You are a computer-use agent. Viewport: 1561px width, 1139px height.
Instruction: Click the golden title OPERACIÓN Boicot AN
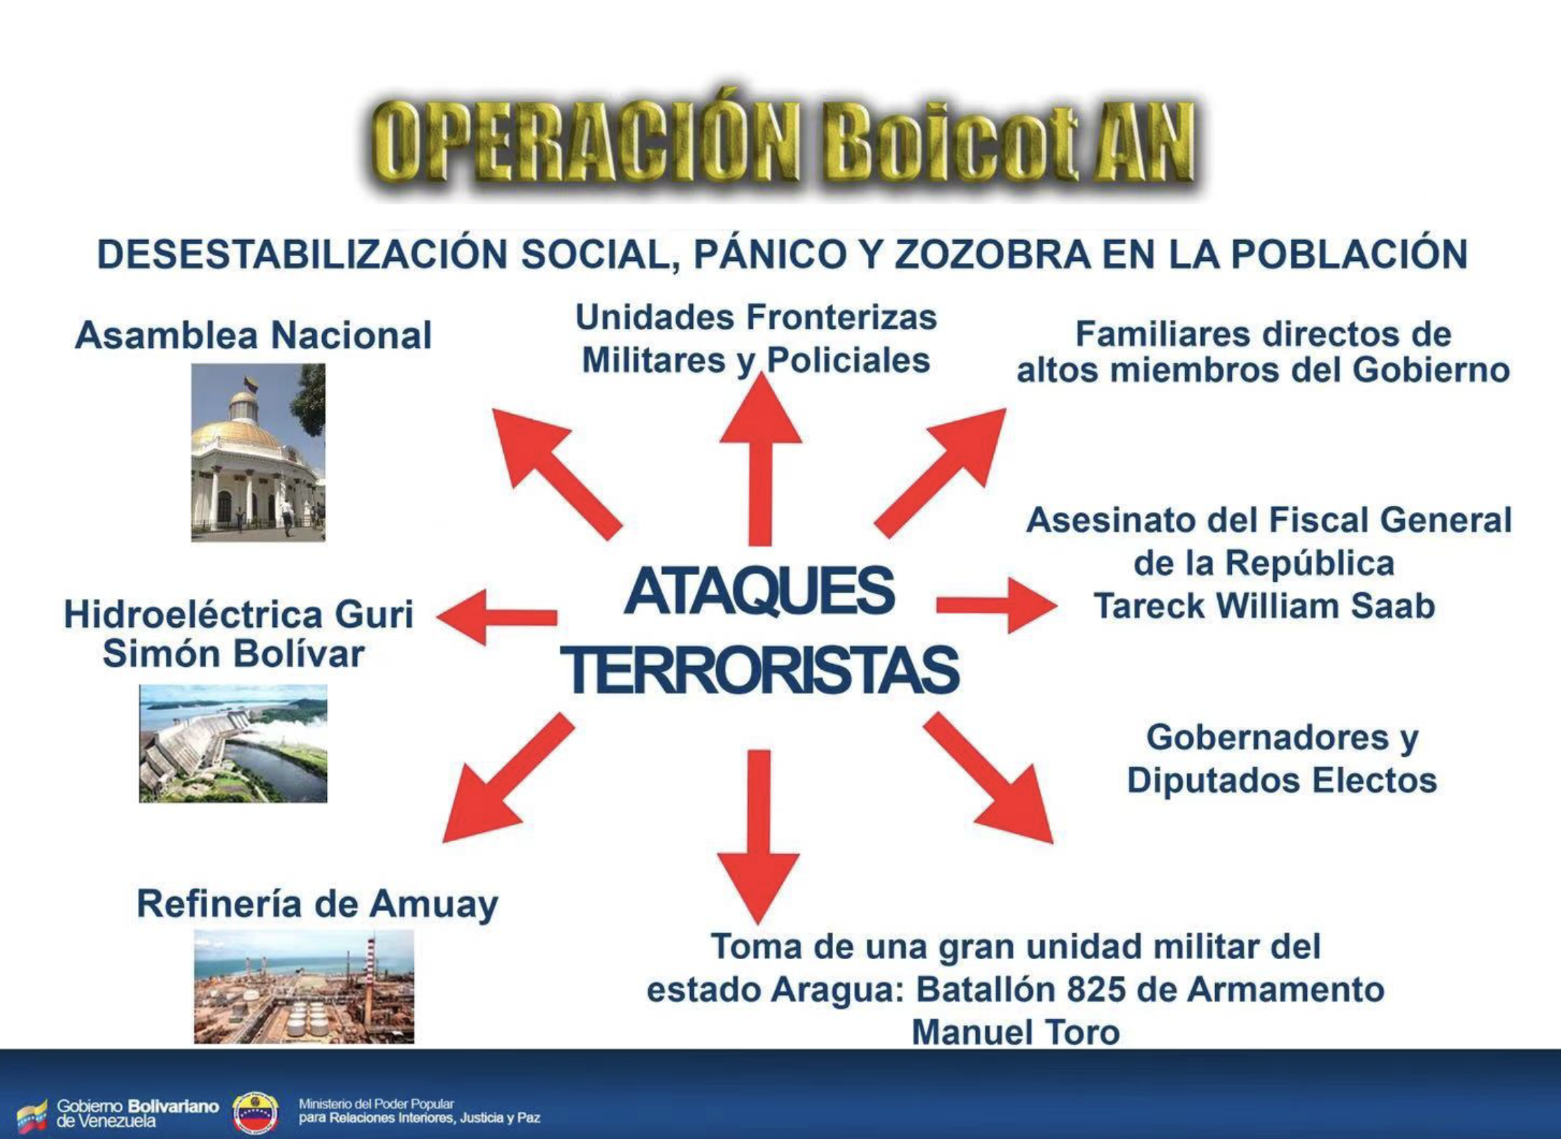[783, 140]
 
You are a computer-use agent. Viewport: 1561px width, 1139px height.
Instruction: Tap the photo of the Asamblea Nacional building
[258, 452]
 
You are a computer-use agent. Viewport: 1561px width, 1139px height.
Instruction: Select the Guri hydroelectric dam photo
[233, 743]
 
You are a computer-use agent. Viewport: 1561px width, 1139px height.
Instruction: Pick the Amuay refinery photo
[304, 986]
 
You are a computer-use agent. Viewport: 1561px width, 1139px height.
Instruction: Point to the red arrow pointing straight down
[758, 837]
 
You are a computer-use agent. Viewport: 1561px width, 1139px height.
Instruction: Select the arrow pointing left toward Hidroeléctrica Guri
[496, 617]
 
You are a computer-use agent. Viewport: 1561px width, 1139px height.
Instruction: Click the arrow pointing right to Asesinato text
[997, 605]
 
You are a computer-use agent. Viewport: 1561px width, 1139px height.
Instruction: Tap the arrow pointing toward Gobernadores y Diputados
[988, 777]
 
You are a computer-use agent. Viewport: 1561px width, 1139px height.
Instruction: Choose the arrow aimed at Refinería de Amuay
[509, 777]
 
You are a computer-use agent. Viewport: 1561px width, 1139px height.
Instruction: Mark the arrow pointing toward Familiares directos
[940, 474]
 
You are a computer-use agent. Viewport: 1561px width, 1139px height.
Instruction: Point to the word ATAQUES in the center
[759, 591]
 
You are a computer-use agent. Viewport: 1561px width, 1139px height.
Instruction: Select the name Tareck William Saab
[1264, 606]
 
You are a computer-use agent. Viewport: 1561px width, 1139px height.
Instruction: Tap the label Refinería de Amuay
[317, 904]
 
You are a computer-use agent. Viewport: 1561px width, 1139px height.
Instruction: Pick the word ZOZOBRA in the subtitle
[992, 254]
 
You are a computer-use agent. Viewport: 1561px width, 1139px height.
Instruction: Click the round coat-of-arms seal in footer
[255, 1112]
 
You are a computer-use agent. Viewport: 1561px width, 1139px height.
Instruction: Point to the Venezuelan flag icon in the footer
[32, 1115]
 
